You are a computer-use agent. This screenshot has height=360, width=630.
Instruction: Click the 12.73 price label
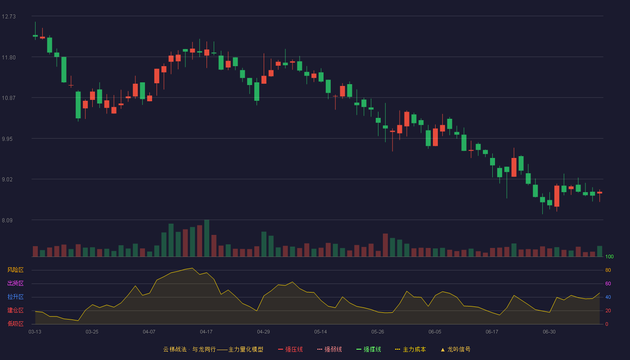pos(9,17)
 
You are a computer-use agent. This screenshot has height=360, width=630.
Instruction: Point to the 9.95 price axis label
pos(7,139)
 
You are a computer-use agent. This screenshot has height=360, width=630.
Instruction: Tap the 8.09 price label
pos(7,220)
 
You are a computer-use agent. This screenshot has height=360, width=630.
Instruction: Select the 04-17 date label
pos(206,332)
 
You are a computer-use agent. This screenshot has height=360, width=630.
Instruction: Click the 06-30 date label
pos(549,332)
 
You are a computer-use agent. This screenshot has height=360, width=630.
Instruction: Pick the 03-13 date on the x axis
pos(35,332)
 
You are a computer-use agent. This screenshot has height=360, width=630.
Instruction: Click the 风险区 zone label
pos(15,270)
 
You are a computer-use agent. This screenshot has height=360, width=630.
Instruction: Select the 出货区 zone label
pos(15,283)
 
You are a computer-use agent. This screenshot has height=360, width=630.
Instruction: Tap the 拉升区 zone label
pos(15,297)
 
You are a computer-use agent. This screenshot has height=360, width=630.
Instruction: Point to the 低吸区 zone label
pos(15,324)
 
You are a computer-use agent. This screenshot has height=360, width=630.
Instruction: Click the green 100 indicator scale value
pos(609,256)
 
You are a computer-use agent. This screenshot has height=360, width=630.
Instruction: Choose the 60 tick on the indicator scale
pos(608,283)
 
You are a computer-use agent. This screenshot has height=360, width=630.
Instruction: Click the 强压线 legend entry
pos(290,349)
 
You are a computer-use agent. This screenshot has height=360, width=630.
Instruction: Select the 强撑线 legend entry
pos(369,349)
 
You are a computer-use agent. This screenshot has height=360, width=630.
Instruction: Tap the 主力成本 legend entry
pos(410,349)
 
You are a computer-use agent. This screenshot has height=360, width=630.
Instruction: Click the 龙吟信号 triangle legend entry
pos(455,349)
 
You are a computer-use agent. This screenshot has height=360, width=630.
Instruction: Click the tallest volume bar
pos(207,238)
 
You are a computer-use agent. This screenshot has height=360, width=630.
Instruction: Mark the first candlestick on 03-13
pos(35,31)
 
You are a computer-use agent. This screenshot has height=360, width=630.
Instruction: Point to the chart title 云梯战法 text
pos(175,349)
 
